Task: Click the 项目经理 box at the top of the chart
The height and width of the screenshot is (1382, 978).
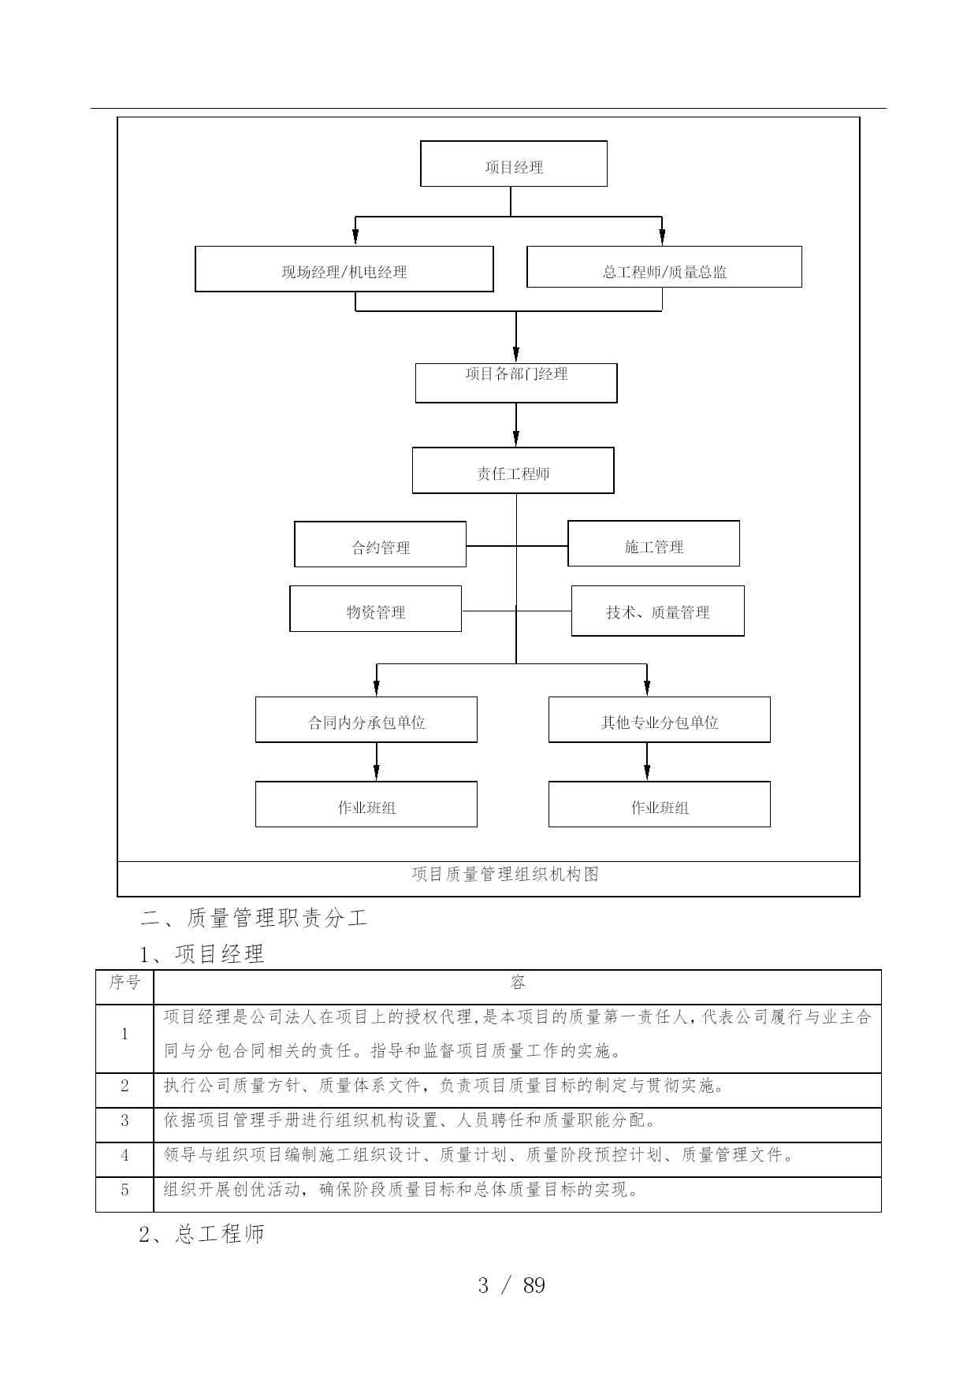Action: pos(514,164)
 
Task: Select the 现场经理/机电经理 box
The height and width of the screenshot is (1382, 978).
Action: pos(344,269)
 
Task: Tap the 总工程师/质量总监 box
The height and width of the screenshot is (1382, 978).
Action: pos(664,267)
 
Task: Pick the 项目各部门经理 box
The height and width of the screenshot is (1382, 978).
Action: pos(516,383)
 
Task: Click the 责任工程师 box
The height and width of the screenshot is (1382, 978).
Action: pos(513,470)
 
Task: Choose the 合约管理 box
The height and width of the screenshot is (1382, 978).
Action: pos(380,544)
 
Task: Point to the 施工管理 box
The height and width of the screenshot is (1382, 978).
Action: pos(653,544)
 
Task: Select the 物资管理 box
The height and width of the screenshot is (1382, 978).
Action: pos(375,608)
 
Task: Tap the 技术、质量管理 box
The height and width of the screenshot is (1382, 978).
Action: pos(657,611)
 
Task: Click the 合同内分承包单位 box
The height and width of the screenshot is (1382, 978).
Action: pos(366,719)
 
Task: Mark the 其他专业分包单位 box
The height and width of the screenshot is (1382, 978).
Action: pos(660,719)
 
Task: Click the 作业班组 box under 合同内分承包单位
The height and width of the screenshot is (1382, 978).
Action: pos(366,804)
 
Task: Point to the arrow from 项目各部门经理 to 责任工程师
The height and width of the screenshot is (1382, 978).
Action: pos(516,425)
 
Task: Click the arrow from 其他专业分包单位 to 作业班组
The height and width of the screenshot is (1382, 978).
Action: pos(647,762)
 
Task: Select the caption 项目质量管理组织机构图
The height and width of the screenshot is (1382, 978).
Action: pos(505,874)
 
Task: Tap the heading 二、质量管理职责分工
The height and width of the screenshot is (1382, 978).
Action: pos(255,918)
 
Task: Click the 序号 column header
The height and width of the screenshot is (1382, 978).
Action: pos(125,983)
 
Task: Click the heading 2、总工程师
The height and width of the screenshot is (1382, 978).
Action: pos(202,1234)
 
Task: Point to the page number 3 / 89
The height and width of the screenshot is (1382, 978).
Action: pos(511,1286)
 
